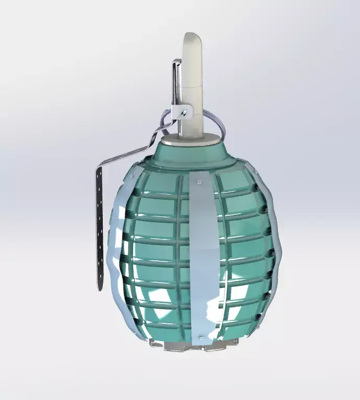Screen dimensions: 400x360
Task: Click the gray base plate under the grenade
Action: click(x=193, y=345)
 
